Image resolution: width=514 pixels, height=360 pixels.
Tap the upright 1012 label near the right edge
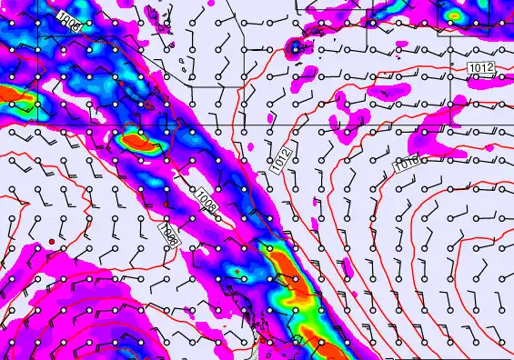[x=482, y=68]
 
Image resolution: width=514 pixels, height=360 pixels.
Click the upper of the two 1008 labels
[x=207, y=195]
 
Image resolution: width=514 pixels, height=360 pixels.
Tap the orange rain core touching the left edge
[x=14, y=94]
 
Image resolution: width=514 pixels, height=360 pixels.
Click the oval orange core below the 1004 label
[x=139, y=140]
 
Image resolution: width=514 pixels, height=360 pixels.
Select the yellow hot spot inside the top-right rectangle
[x=454, y=15]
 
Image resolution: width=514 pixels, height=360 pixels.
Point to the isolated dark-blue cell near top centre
[x=297, y=46]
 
